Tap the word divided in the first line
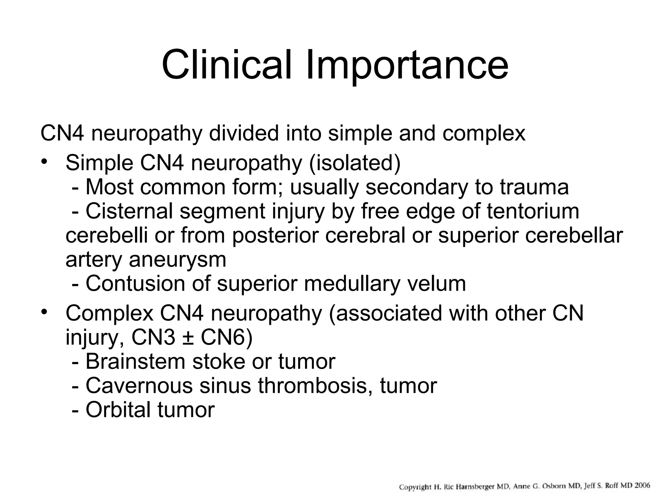[246, 134]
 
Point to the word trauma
[534, 187]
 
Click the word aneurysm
[177, 260]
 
